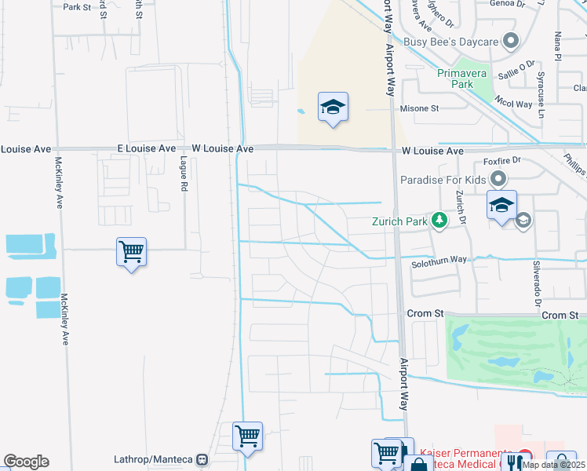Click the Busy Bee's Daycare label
[x=451, y=42]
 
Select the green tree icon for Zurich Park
[x=439, y=221]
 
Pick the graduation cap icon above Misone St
[x=333, y=108]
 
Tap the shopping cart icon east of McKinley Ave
[x=131, y=253]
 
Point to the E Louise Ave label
[x=147, y=148]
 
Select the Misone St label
[x=419, y=108]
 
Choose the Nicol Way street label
[x=513, y=104]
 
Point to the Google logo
[x=26, y=462]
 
